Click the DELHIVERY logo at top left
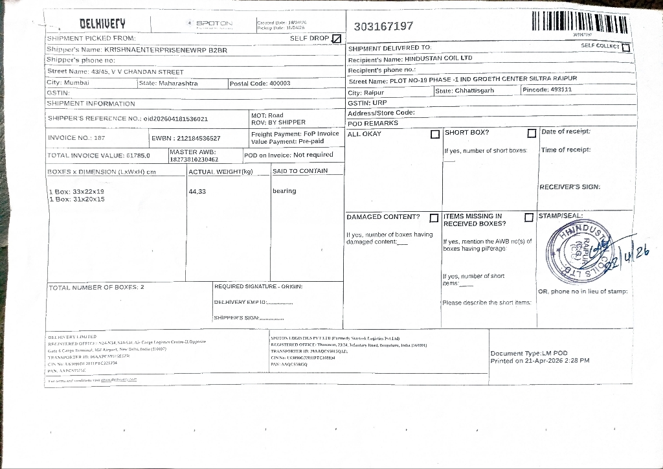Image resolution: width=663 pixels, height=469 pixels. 102,24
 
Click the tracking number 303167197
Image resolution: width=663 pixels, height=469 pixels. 383,27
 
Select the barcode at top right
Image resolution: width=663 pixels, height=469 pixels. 579,23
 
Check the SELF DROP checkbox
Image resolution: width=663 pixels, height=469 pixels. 336,39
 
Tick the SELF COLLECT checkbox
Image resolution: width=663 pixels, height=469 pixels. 625,47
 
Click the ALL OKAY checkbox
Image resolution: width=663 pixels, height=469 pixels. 435,135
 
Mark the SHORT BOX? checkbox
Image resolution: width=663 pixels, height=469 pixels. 532,133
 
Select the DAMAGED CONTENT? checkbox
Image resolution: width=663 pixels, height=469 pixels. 434,218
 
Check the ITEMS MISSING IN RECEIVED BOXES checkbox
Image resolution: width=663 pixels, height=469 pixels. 529,218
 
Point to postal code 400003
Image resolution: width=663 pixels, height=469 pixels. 280,84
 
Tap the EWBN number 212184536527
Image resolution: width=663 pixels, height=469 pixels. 198,139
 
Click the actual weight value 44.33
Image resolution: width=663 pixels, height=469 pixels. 197,192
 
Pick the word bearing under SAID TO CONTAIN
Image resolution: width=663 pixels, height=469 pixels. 284,191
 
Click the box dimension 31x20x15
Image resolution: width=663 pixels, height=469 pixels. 88,200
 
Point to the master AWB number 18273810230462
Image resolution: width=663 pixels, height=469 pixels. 194,159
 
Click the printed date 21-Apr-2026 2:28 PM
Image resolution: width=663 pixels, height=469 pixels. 552,361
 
